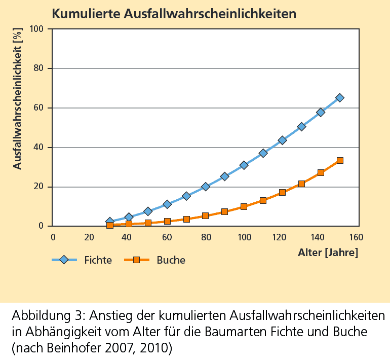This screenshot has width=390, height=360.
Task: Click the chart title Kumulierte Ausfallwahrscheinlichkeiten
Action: [174, 14]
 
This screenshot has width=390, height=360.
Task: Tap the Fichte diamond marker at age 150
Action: [340, 98]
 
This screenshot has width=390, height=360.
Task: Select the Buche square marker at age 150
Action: [340, 160]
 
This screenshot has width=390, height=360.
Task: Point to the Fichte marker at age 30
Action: [110, 222]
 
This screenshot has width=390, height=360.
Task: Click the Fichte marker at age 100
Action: [244, 165]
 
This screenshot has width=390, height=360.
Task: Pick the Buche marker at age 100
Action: [244, 206]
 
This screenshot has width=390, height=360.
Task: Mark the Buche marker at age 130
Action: [301, 184]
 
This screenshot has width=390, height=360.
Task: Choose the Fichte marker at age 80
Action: [206, 187]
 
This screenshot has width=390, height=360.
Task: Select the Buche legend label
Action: [171, 260]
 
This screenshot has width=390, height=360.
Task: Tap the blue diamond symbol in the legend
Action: [64, 260]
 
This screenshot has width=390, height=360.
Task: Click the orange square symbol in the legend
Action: [136, 260]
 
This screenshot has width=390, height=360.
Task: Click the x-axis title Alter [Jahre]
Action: [328, 253]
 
